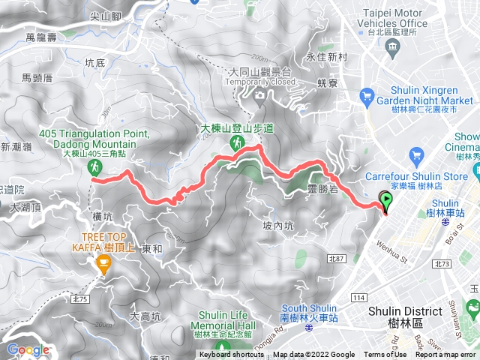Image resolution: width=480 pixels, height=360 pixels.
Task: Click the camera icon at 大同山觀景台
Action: (259, 95)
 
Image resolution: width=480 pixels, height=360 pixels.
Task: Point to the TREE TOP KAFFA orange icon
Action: (103, 262)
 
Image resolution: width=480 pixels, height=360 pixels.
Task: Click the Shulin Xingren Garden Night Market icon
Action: (367, 95)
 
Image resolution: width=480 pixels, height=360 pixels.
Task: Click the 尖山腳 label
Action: (105, 13)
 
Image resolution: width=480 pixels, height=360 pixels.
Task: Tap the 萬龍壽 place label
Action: (40, 36)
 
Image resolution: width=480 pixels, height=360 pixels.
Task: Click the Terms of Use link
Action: (385, 355)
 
